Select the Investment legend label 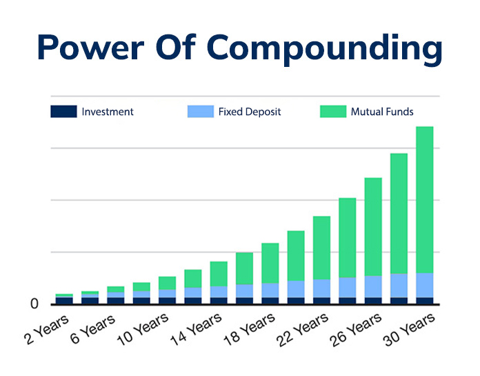tap(108, 111)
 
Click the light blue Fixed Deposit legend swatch tap(200, 111)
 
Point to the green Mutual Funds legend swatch tap(332, 111)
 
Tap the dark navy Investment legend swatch tap(63, 111)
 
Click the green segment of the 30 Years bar tap(424, 200)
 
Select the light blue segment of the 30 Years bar tap(424, 285)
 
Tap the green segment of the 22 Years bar tap(321, 248)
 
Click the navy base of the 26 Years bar tap(373, 300)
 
